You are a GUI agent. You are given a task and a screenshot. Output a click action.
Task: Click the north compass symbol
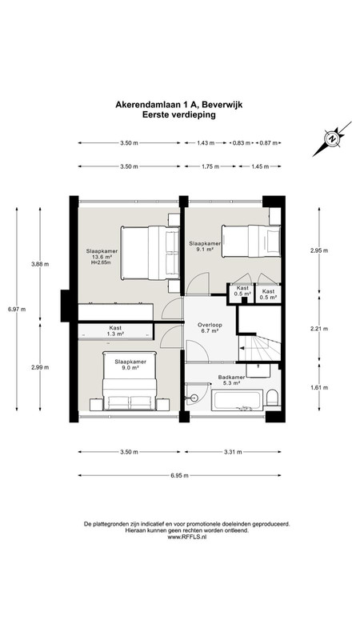pos(332,138)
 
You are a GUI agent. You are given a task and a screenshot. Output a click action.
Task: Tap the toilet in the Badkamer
pos(272,398)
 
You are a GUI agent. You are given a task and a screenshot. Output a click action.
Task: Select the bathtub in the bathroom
pos(237,400)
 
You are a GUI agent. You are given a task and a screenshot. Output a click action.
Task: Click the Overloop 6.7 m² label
pos(209,328)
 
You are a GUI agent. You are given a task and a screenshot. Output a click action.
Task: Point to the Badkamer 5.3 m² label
pos(229,381)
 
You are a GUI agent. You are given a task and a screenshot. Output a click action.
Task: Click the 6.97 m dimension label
pos(17,310)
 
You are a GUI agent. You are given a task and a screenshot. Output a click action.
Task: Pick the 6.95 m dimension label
pos(179,475)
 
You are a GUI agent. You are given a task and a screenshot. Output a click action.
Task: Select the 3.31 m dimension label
pos(233,452)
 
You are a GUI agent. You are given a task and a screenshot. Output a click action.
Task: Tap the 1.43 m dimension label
pos(206,143)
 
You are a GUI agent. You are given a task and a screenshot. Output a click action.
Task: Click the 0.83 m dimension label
pos(242,143)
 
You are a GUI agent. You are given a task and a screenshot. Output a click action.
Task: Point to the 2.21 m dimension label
pos(319,329)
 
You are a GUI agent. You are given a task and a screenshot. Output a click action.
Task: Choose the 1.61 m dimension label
pos(319,388)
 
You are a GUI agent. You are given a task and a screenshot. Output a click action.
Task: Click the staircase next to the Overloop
pos(259,347)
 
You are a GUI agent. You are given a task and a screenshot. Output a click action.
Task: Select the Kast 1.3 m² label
pos(115,330)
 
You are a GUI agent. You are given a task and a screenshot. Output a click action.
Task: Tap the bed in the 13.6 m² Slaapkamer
pos(150,253)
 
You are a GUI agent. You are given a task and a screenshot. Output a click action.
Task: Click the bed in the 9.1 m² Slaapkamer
pos(251,242)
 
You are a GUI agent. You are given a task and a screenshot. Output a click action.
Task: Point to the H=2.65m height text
pos(102,263)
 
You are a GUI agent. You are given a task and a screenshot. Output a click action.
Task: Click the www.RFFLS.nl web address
pos(187,538)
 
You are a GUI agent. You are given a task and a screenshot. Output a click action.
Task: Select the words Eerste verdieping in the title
pos(178,115)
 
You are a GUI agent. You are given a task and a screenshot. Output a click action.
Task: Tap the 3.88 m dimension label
pos(40,264)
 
